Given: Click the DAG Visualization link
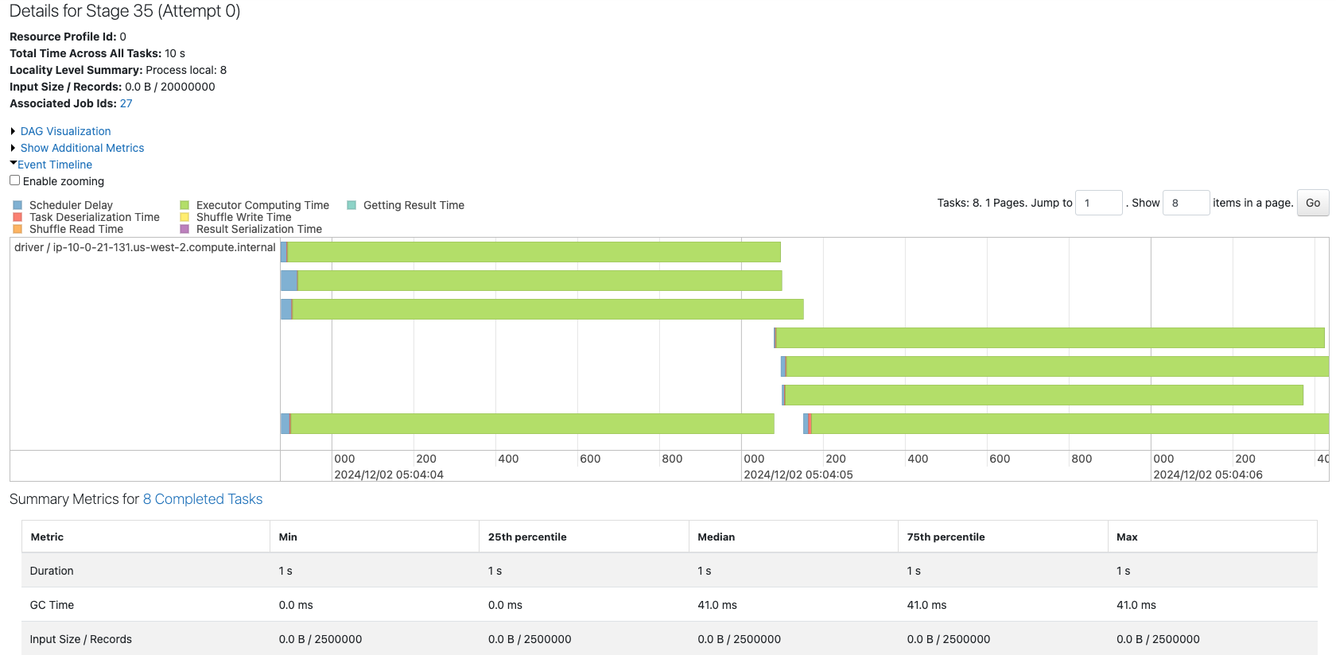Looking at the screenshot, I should click(65, 131).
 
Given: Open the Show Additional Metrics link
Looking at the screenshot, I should click(82, 148).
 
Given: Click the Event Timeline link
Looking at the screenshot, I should click(55, 165).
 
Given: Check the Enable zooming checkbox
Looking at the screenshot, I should click(15, 180).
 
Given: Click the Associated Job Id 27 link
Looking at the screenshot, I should click(126, 103).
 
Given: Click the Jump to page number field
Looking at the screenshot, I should click(1098, 203).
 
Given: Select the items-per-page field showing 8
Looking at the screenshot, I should click(1185, 203).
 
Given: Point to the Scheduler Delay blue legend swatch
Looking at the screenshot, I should click(17, 205).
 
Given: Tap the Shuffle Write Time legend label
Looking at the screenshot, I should click(243, 217).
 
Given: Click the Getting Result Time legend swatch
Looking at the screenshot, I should click(351, 205).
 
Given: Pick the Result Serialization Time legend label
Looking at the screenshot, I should click(258, 229).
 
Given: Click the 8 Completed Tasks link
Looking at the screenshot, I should click(202, 499).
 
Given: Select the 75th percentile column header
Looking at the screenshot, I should click(946, 537).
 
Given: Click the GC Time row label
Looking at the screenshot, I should click(52, 605).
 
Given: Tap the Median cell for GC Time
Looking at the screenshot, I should click(717, 605).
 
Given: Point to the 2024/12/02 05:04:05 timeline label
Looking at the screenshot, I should click(798, 475).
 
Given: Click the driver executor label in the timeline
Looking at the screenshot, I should click(145, 247).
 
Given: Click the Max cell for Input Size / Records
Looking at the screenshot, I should click(1157, 639).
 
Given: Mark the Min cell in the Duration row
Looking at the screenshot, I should click(285, 571).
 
